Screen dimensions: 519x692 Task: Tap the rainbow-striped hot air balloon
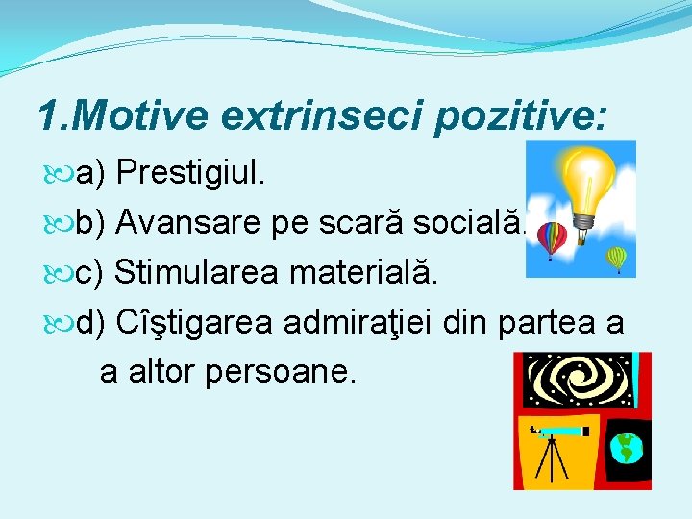pyautogui.click(x=551, y=238)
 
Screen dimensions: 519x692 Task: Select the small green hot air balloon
pyautogui.click(x=616, y=258)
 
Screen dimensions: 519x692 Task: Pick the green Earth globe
pyautogui.click(x=627, y=447)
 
